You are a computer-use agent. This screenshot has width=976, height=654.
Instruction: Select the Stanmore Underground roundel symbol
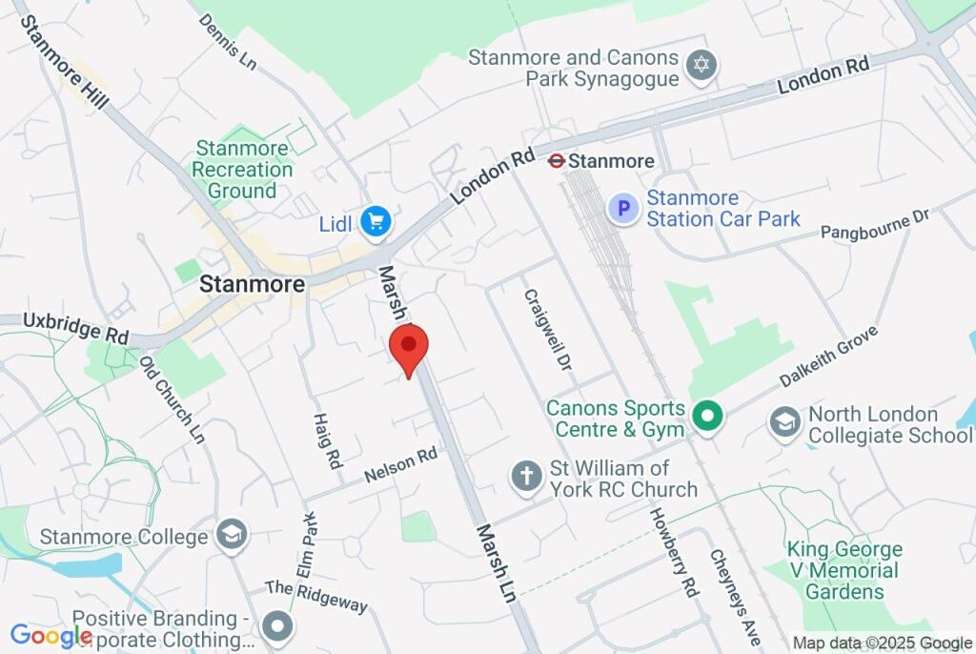pos(557,161)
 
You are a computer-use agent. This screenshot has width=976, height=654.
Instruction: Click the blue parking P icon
pos(623,208)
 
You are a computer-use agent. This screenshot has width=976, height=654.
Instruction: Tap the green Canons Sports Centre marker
pos(706,417)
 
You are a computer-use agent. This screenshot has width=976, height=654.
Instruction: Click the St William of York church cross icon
pos(525,476)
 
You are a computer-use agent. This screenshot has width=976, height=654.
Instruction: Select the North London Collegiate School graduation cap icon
pos(785,422)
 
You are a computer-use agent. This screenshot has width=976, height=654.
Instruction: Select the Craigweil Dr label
pos(546,330)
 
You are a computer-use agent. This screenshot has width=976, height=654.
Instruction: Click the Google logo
pos(51,635)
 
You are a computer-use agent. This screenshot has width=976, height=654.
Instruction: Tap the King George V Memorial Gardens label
pos(844,570)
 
